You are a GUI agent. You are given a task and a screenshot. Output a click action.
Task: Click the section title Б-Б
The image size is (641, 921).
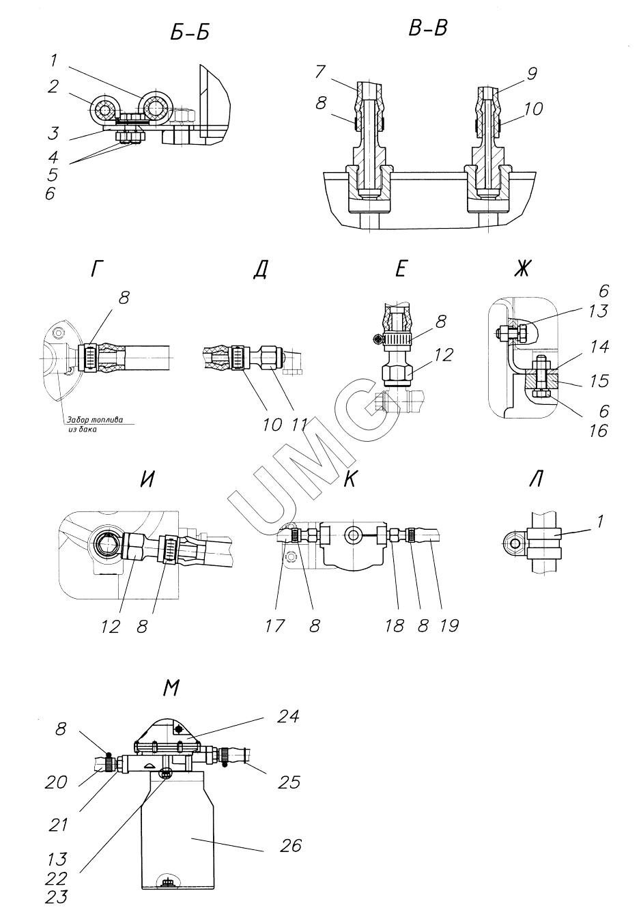[x=190, y=33]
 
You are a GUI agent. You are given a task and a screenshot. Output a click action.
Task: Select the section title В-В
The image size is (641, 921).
[x=428, y=29]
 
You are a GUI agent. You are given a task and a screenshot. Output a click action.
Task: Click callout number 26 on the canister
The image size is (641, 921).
[x=291, y=846]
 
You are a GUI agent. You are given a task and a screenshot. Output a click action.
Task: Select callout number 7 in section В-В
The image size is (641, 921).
[x=321, y=72]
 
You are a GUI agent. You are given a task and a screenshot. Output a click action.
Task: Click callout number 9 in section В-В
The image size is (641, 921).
[x=532, y=74]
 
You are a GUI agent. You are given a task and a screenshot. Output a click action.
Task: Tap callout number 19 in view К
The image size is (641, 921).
[x=449, y=626]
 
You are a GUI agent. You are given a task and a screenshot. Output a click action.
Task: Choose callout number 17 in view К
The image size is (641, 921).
[x=274, y=626]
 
